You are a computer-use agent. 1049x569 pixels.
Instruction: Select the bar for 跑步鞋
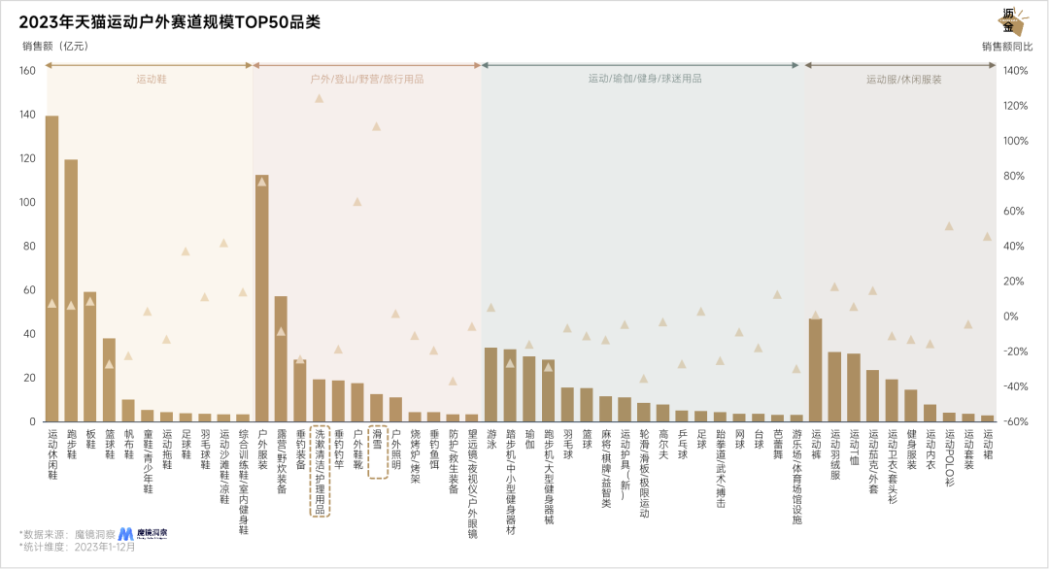tap(71, 290)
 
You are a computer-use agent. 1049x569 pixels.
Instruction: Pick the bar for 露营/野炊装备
tap(281, 358)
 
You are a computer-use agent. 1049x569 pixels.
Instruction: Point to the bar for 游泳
tap(491, 385)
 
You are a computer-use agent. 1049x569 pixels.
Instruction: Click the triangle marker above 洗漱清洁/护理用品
tap(319, 98)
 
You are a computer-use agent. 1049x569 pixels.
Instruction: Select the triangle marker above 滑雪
tap(376, 126)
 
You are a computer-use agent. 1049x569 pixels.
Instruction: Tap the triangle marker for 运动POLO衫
tap(949, 226)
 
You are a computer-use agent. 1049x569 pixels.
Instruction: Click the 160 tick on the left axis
tap(26, 71)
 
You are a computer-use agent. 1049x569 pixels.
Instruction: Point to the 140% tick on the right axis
tap(1015, 71)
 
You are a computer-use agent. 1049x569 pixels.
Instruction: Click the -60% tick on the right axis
tap(1015, 421)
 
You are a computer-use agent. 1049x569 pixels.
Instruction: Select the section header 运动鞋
tap(151, 80)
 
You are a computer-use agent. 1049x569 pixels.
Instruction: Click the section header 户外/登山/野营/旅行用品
tap(366, 80)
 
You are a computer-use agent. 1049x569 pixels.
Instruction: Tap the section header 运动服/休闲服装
tap(903, 80)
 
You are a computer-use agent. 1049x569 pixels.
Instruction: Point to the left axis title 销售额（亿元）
tap(55, 46)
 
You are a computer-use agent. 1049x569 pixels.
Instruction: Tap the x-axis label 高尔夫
tap(662, 447)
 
